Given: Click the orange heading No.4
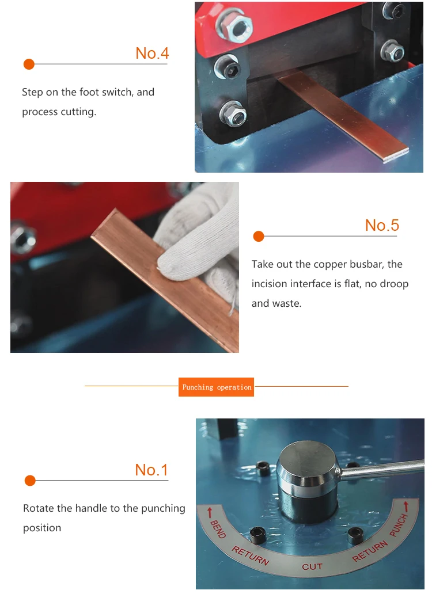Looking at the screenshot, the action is (x=152, y=54).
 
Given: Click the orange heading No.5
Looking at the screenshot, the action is (x=382, y=226).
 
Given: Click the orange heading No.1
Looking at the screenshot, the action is (x=151, y=470).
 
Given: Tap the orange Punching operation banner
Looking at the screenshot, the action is (x=216, y=387).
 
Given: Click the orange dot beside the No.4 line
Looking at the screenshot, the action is (x=29, y=64).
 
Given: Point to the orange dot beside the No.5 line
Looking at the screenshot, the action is (x=259, y=237).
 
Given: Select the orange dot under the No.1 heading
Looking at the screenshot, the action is (x=30, y=481).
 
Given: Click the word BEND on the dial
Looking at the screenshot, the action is (x=218, y=529).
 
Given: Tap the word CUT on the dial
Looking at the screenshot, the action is (x=312, y=567).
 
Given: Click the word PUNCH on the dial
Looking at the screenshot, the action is (x=399, y=526).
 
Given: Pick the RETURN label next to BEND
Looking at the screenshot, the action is (x=251, y=556).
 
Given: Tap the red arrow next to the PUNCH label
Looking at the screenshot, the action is (x=406, y=507).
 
